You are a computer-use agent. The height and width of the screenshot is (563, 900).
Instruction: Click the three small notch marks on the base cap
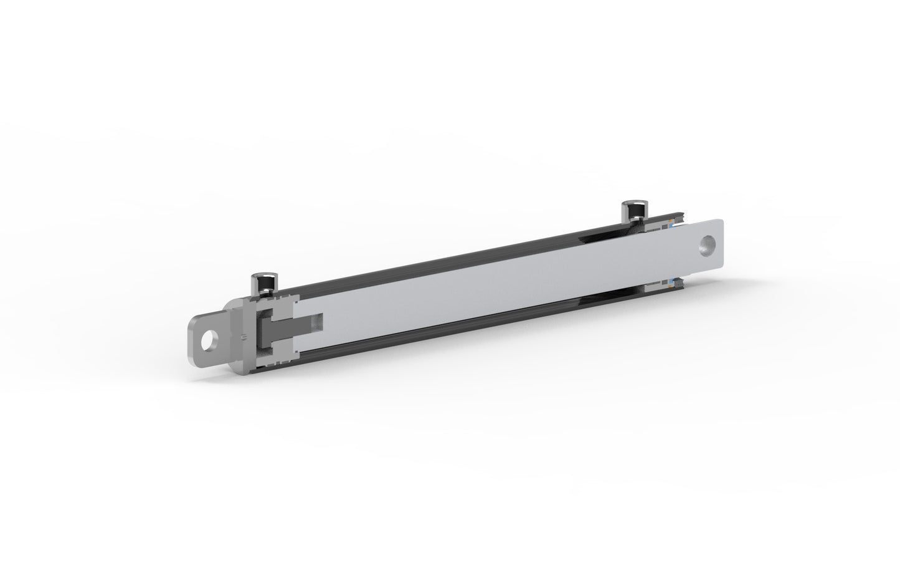pyautogui.click(x=244, y=337)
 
